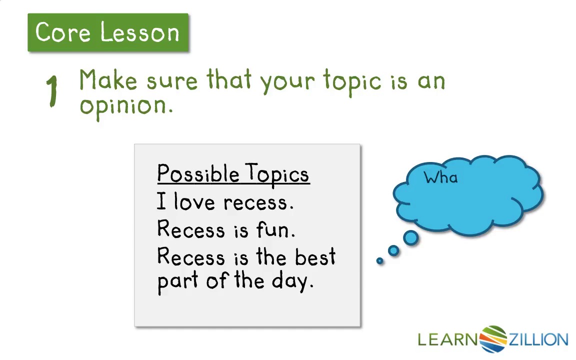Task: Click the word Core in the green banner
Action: point(63,32)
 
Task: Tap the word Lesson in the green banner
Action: point(139,32)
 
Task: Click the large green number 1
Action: point(52,91)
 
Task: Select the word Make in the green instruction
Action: point(108,79)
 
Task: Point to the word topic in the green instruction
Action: point(352,81)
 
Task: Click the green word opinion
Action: point(126,106)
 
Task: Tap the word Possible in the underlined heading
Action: point(198,173)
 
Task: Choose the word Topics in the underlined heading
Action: point(277,173)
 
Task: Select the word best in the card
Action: point(315,256)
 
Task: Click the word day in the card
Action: point(292,281)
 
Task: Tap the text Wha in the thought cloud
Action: point(441,177)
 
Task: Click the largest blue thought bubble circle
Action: point(410,237)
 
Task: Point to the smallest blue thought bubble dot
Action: point(380,261)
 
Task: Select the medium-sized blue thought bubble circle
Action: point(393,250)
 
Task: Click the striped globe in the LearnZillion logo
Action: point(493,338)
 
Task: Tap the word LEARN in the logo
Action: point(448,339)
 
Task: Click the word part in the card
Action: point(178,281)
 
